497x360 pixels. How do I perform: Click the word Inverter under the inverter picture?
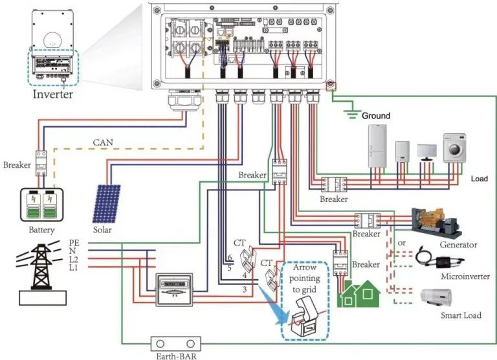[x=53, y=94]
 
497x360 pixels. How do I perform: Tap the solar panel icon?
[x=107, y=204]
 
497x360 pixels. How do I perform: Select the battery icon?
[x=42, y=205]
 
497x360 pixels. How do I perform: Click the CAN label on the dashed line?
[x=103, y=142]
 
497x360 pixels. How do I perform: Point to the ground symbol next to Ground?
[x=352, y=114]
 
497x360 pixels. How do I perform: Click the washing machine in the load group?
[x=454, y=148]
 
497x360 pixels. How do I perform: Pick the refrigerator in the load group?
[x=377, y=146]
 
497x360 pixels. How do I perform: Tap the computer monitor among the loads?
[x=426, y=153]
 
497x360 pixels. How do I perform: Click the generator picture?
[x=436, y=223]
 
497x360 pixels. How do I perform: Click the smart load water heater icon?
[x=436, y=297]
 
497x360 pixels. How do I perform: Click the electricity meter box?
[x=174, y=289]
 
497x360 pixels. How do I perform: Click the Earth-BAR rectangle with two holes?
[x=176, y=344]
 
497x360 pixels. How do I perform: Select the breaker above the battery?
[x=41, y=163]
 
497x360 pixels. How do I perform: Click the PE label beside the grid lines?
[x=74, y=243]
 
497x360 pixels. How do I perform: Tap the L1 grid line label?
[x=74, y=267]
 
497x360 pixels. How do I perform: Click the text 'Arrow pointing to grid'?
[x=304, y=278]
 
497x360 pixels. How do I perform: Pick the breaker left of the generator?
[x=367, y=220]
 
